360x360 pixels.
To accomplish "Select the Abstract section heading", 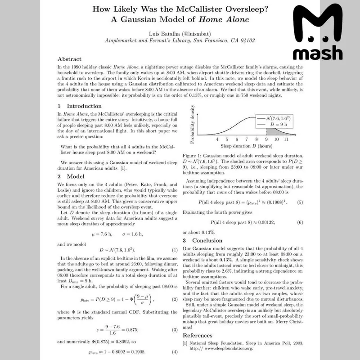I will point(70,59).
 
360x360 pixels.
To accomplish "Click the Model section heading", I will point(70,176).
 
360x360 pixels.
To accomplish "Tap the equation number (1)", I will point(175,250).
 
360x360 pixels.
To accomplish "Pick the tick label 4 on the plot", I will point(217,139).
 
